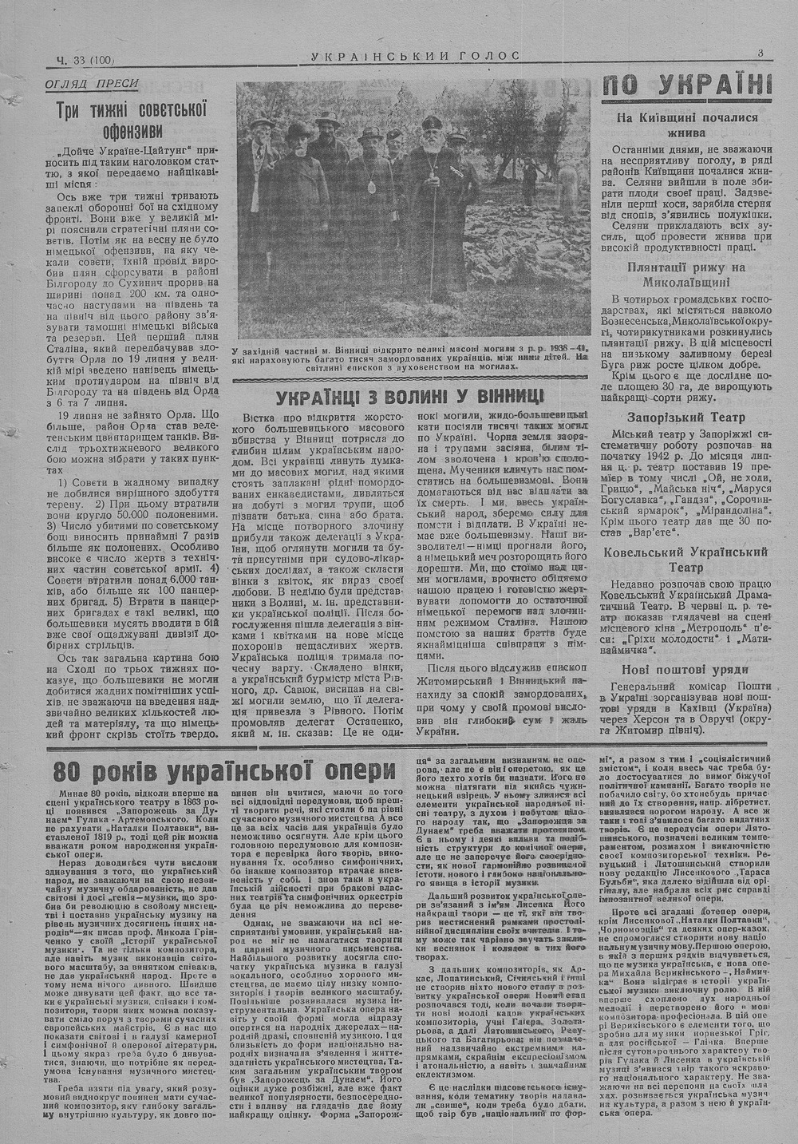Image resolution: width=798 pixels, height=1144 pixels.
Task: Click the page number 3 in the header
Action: point(761,53)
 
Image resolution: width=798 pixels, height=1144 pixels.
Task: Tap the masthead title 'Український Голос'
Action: point(414,55)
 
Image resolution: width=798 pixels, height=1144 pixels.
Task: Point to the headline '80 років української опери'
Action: point(224,771)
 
